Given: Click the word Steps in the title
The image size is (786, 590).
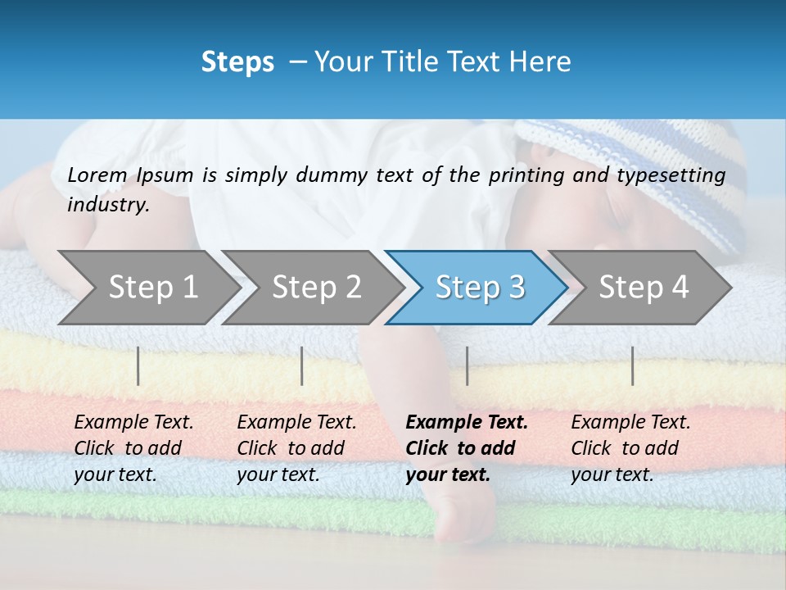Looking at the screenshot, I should tap(237, 62).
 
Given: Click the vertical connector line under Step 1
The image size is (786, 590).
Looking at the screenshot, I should tap(138, 365).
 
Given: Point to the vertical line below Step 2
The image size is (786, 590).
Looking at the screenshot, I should tap(302, 365).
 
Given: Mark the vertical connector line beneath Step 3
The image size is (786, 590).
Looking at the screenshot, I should tap(468, 365).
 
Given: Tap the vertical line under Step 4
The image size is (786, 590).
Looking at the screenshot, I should tap(632, 365).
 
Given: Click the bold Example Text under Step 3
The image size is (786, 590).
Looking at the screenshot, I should tap(467, 448).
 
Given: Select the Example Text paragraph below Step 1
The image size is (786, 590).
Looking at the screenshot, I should tap(133, 448).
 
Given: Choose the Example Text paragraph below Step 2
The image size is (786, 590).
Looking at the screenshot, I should tap(296, 448).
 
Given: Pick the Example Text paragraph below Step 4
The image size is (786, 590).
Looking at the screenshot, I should tap(630, 448).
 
